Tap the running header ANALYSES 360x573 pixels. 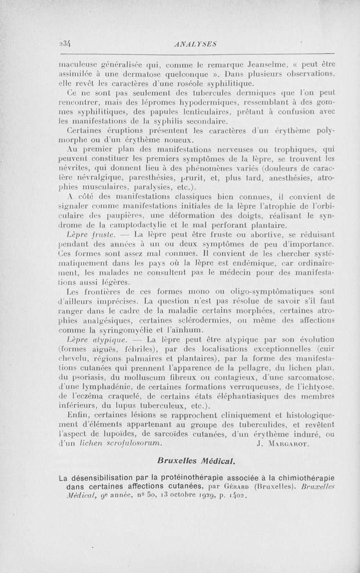pyautogui.click(x=195, y=44)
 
